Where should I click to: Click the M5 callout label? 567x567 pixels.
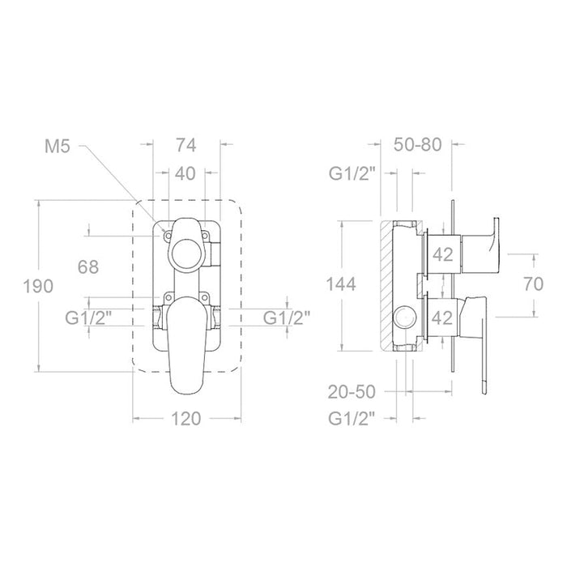(58, 147)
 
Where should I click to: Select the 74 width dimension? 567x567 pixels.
(186, 145)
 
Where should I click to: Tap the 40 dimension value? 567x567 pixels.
(185, 173)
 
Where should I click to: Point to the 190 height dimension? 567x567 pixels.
(38, 286)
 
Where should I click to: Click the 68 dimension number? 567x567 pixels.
(88, 267)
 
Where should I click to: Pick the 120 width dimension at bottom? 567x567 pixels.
(185, 419)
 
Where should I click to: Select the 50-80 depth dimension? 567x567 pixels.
(418, 145)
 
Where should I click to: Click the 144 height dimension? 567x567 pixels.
(341, 283)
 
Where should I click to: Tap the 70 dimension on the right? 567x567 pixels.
(533, 283)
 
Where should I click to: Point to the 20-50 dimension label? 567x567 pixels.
(352, 391)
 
